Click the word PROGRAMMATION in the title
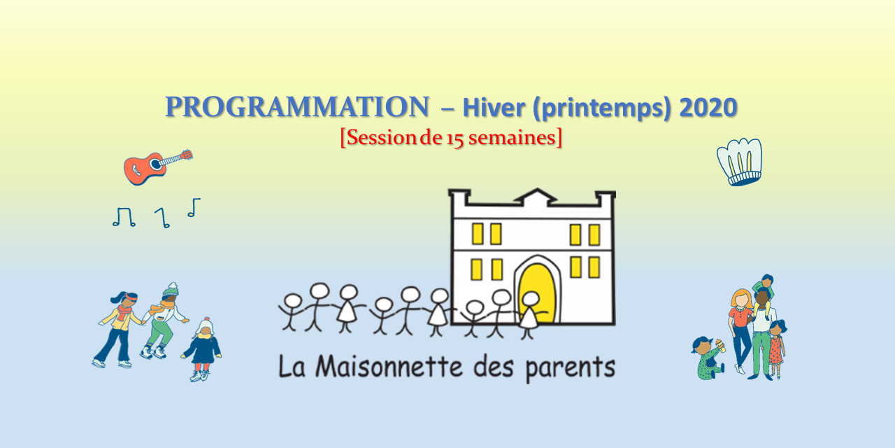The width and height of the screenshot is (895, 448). point(296,107)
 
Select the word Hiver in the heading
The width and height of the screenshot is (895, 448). point(492,107)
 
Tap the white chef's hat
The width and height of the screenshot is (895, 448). point(740,161)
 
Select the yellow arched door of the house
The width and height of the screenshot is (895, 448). point(536,290)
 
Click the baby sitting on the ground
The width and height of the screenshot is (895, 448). point(708,357)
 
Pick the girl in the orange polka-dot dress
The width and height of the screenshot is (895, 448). point(776,346)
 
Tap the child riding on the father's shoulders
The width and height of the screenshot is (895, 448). point(764,290)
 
